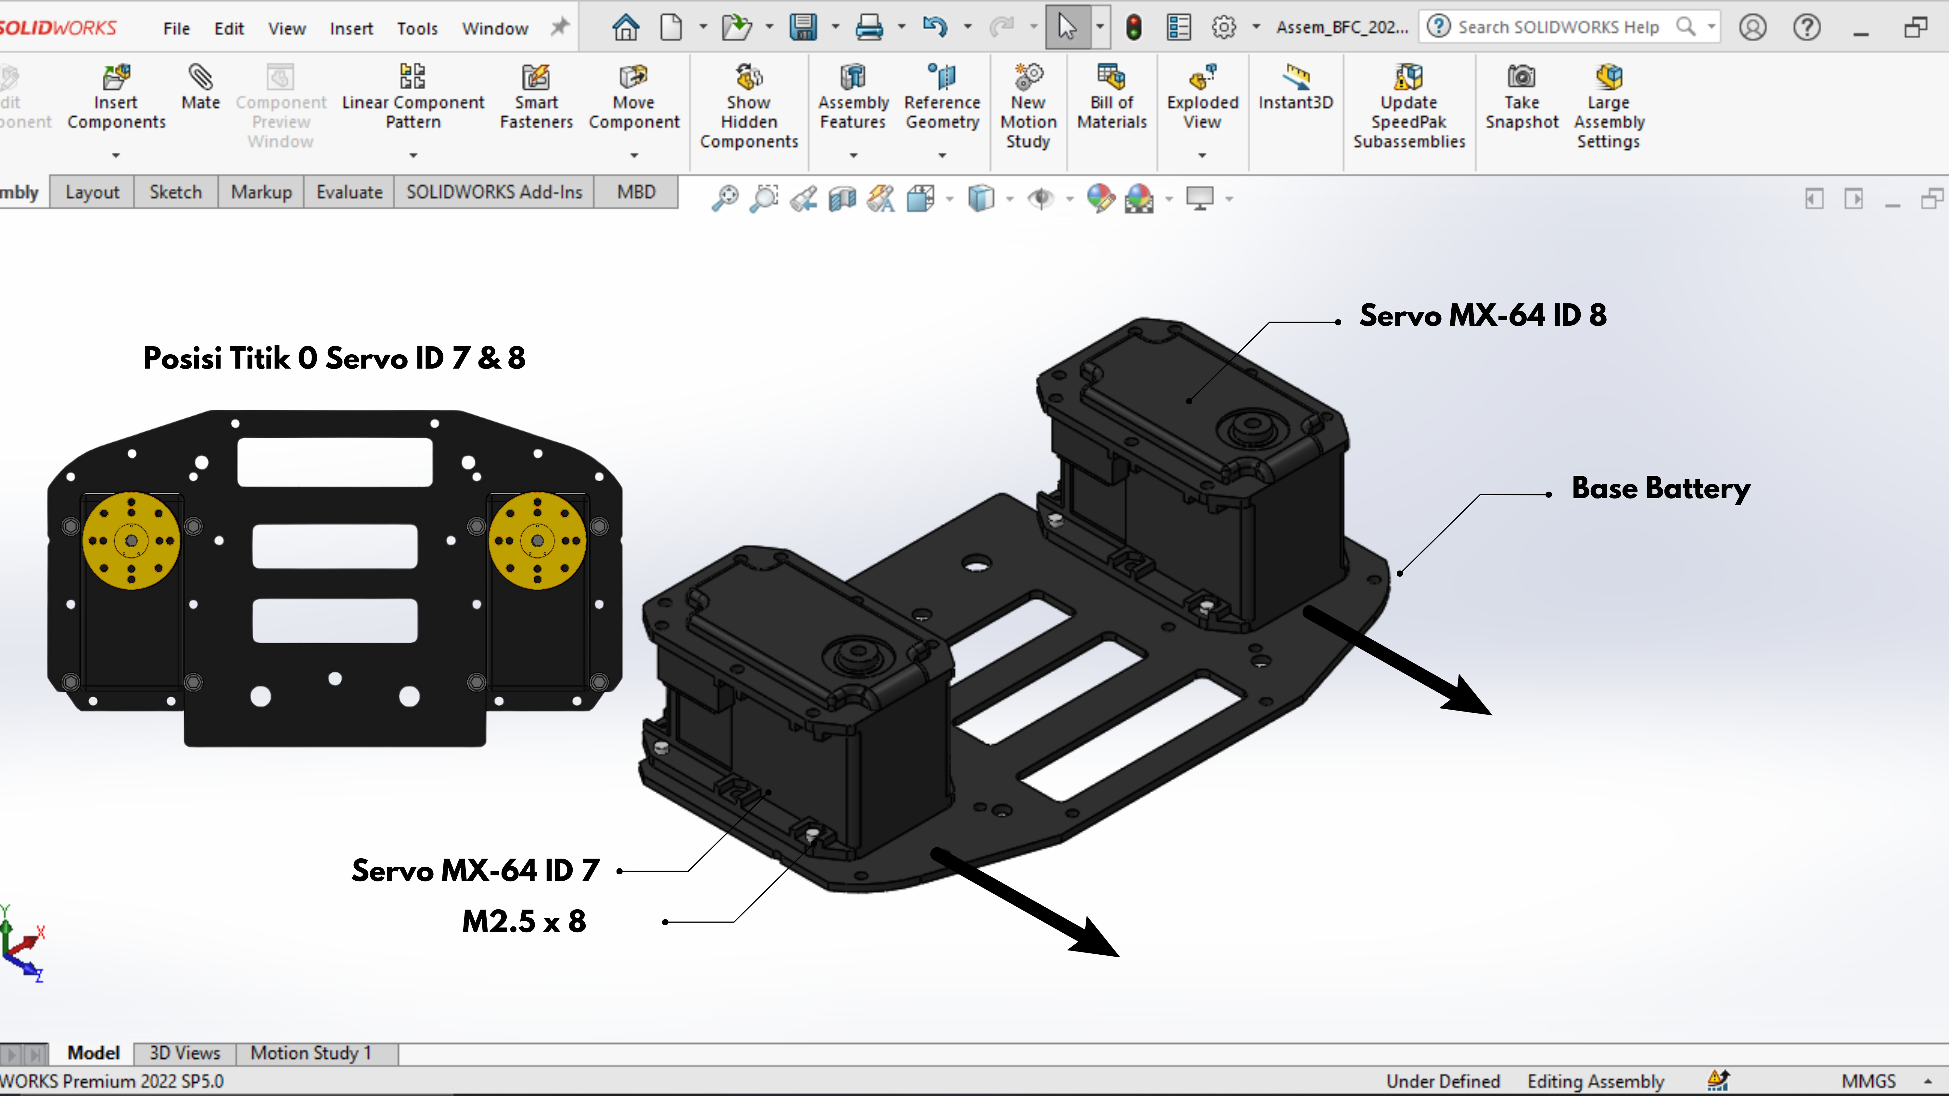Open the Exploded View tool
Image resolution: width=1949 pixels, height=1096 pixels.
coord(1202,98)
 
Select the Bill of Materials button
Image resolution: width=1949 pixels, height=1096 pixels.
coord(1112,98)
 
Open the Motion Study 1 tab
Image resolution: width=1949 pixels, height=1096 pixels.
coord(311,1053)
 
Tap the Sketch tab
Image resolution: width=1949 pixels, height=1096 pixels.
coord(175,192)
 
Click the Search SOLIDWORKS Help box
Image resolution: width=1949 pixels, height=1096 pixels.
coord(1570,27)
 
